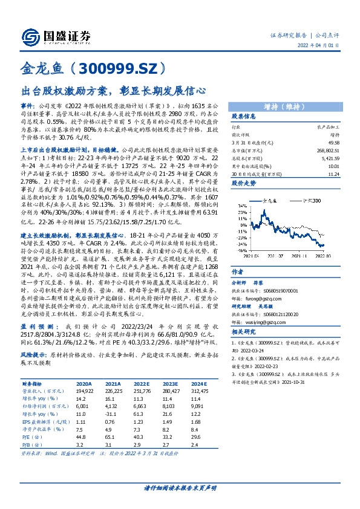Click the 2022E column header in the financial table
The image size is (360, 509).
[142, 383]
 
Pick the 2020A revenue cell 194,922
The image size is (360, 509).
[84, 391]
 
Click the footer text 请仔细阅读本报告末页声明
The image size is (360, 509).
[180, 488]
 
